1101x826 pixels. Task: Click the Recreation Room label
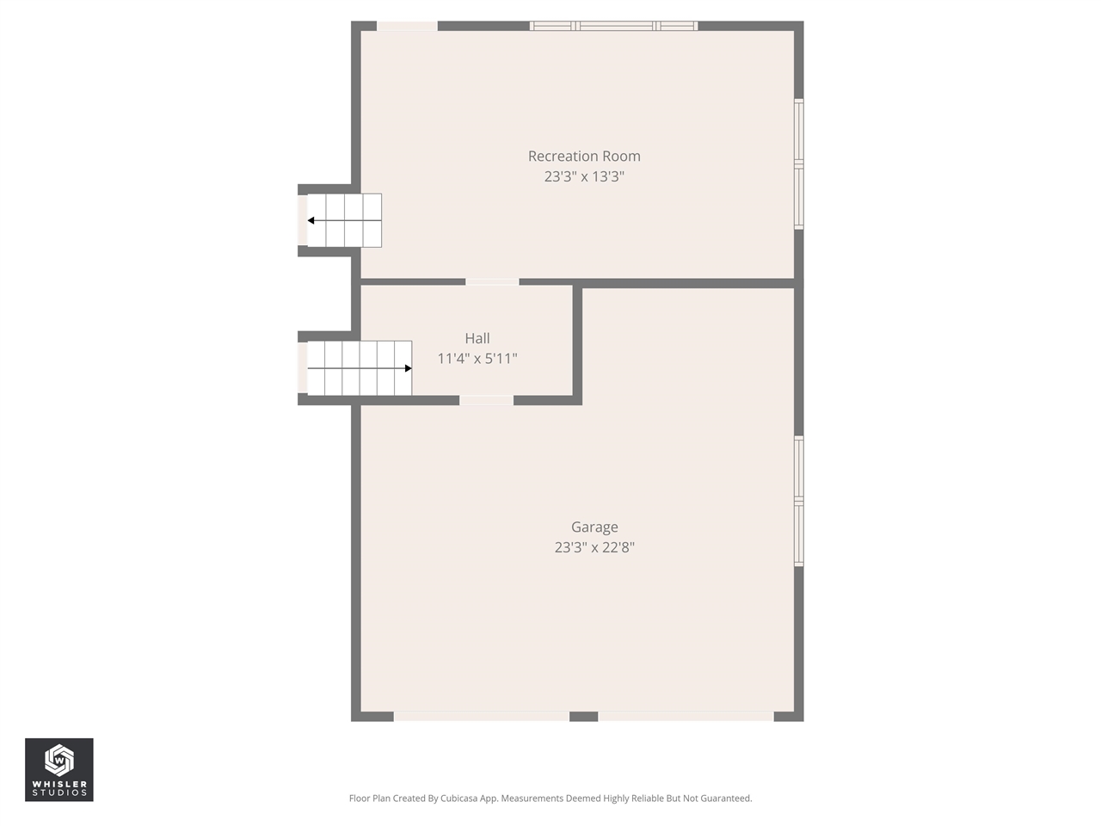pos(584,156)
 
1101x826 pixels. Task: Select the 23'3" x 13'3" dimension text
pos(584,176)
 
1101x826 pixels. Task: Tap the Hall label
pos(477,338)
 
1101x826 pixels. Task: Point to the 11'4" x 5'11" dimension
pos(477,359)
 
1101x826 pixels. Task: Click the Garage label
pos(594,527)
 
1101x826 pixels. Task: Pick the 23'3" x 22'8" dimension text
pos(594,547)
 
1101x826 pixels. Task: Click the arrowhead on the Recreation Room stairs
pos(311,220)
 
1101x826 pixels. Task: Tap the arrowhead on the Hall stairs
pos(408,368)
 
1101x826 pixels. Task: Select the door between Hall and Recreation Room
pos(492,281)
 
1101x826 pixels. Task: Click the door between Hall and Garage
pos(486,400)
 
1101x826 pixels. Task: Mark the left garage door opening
pos(482,716)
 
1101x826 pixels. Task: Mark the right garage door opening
pos(686,716)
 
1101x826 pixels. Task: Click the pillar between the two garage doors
pos(584,716)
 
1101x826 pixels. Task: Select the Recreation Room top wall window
pos(613,26)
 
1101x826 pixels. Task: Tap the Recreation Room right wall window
pos(798,163)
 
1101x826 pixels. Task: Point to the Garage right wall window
pos(798,501)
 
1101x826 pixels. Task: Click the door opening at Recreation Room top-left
pos(407,26)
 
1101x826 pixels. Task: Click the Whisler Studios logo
pos(59,769)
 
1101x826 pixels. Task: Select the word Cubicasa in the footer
pos(460,798)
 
